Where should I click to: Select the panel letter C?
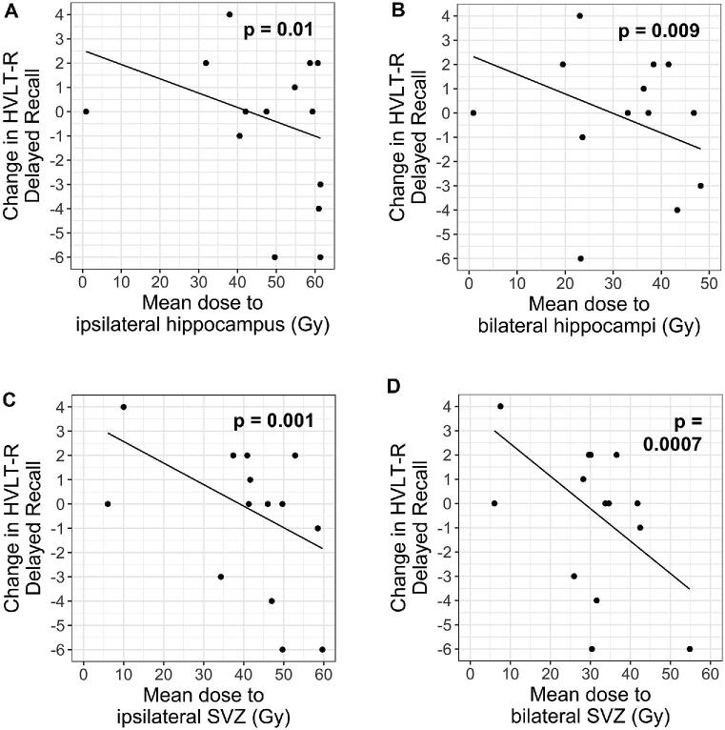8,399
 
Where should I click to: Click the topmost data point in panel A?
230,14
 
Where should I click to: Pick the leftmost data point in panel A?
86,112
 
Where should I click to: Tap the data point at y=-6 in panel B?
580,257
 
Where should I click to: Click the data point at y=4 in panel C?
124,407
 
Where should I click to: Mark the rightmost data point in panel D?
690,649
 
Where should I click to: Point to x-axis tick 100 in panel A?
121,283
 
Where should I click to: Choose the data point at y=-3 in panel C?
220,577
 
